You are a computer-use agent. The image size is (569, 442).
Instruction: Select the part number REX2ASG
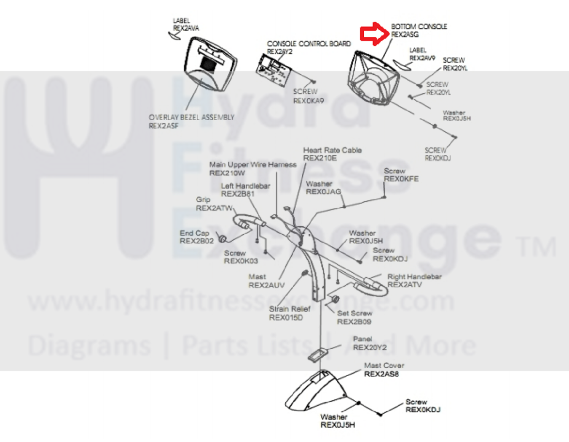[405, 35]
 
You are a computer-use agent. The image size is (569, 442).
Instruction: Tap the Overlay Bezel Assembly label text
[191, 117]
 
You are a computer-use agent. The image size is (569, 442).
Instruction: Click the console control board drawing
[274, 70]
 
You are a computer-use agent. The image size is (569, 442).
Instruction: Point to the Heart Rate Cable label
[332, 150]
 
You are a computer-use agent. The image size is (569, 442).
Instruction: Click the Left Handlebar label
[245, 186]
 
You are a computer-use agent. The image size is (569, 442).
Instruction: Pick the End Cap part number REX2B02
[196, 241]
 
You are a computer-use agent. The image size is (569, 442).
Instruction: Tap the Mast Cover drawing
[316, 390]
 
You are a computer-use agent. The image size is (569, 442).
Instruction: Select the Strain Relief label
[290, 309]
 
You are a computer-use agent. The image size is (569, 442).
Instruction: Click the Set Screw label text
[354, 313]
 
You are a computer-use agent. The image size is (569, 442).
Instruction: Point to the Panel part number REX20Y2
[370, 347]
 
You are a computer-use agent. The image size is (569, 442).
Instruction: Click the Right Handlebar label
[414, 277]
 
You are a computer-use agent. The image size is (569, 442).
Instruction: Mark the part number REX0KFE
[401, 179]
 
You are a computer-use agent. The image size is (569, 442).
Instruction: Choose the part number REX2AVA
[186, 28]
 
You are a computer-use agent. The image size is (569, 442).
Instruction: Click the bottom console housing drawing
[373, 79]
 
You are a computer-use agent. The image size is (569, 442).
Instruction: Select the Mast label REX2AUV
[266, 285]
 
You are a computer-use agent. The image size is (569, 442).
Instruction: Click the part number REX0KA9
[309, 101]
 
